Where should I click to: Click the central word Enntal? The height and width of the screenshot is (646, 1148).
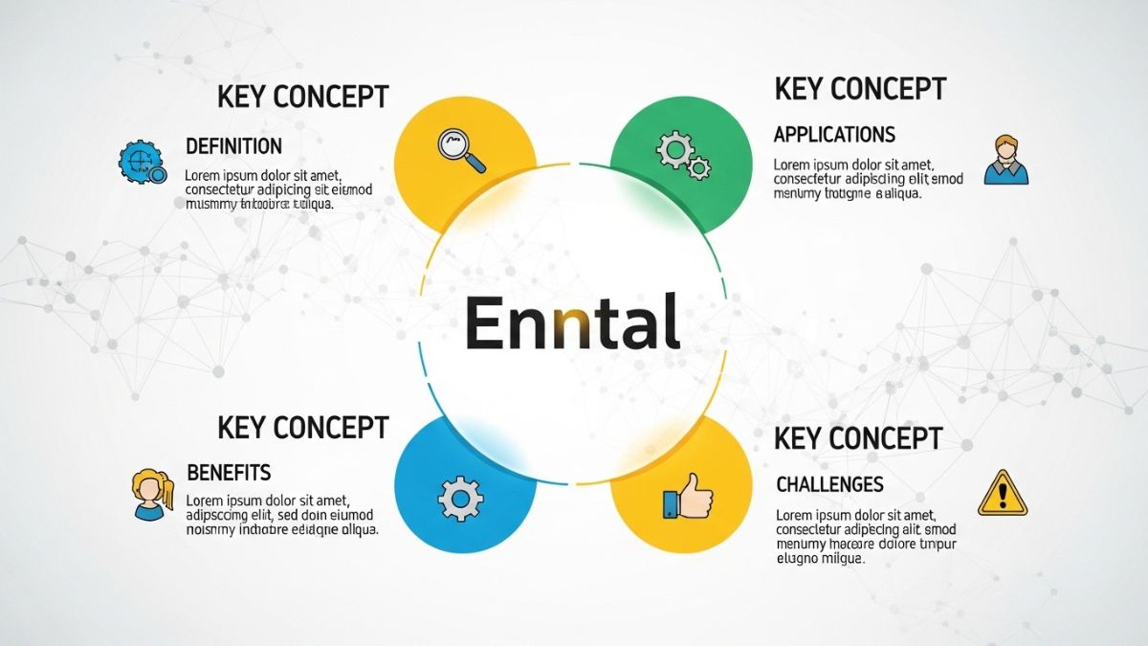(x=572, y=323)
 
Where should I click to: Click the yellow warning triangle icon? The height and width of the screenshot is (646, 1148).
(x=1002, y=494)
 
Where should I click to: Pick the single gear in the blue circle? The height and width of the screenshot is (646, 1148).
(x=460, y=499)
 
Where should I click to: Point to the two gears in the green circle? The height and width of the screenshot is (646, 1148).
(x=683, y=156)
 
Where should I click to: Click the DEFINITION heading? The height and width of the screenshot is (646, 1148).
(x=233, y=146)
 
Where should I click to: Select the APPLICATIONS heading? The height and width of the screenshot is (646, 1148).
(x=834, y=134)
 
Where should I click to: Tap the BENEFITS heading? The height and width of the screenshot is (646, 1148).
(x=229, y=472)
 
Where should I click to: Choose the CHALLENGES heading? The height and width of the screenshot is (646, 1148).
(x=829, y=484)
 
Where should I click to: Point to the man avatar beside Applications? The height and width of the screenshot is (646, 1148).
(x=1006, y=159)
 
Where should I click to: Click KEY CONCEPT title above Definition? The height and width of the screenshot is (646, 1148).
(x=303, y=97)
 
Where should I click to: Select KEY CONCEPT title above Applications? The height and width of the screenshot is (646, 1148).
(x=860, y=89)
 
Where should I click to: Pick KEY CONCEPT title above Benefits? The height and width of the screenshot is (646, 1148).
(x=303, y=427)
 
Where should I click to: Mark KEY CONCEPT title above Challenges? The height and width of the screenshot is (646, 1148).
(x=858, y=438)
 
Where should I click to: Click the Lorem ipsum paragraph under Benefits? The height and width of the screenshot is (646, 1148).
(x=279, y=514)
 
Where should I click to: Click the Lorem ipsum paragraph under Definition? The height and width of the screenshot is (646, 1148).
(x=277, y=189)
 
